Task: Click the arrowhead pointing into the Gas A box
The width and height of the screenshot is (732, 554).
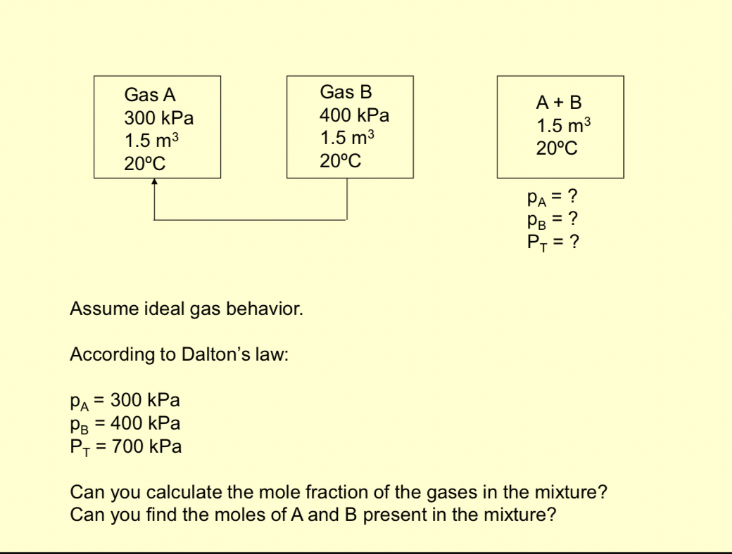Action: (154, 181)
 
